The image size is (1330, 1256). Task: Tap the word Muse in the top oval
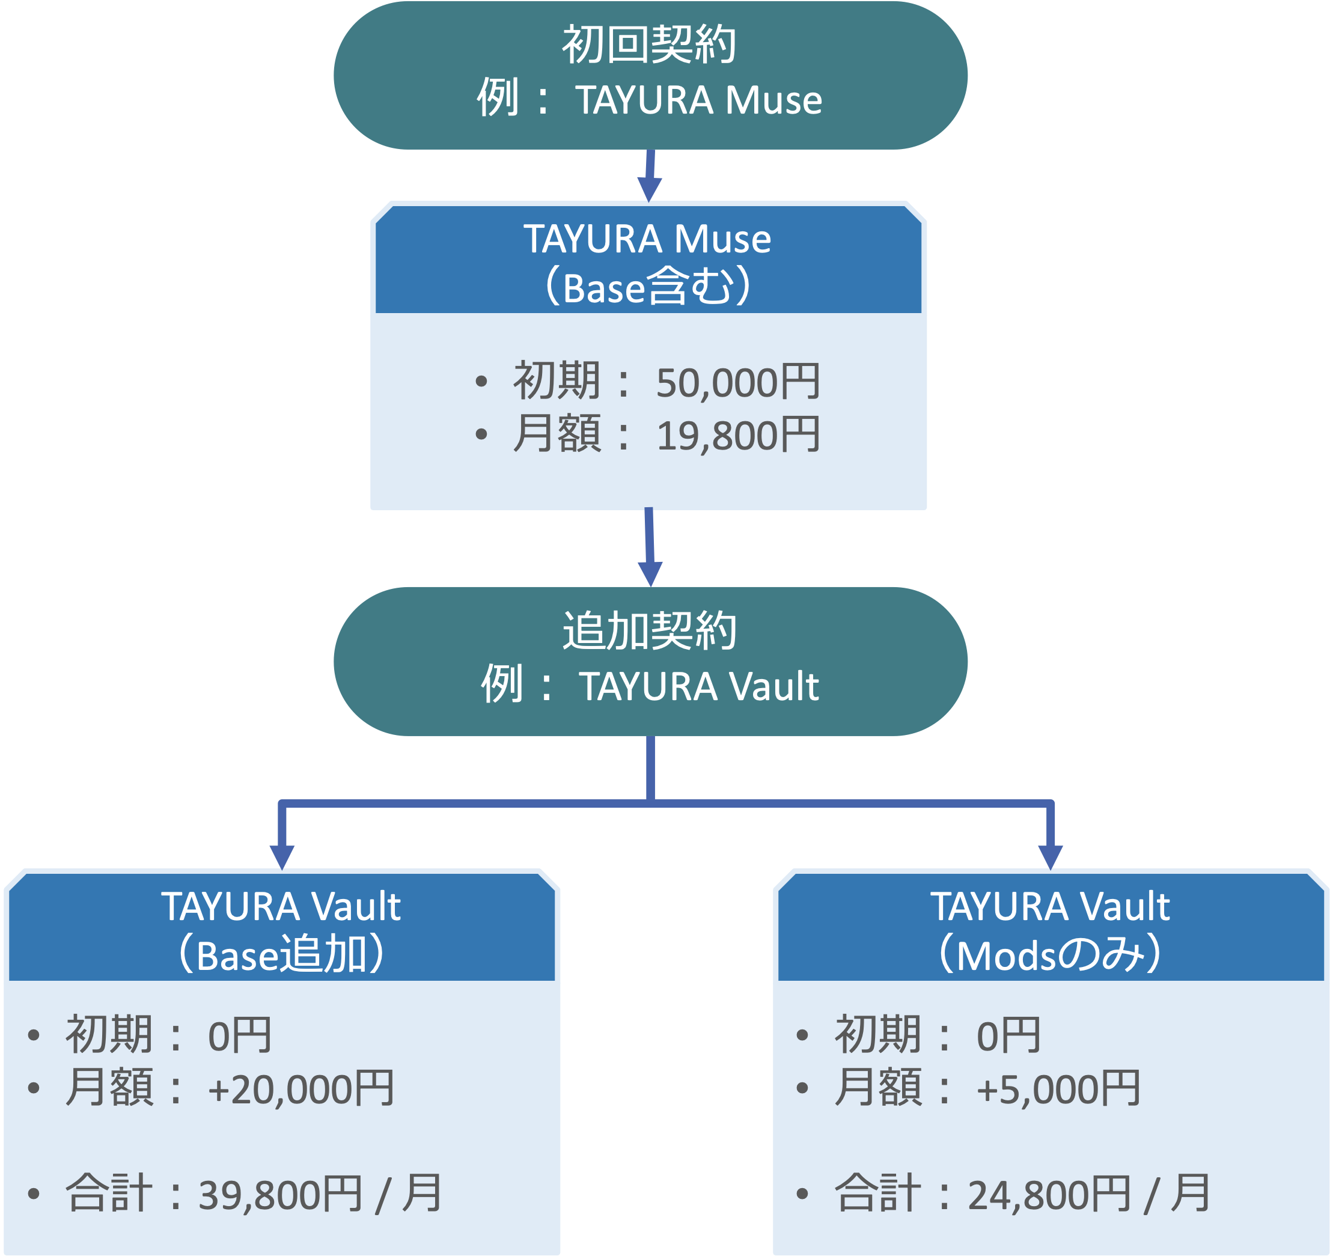tap(773, 100)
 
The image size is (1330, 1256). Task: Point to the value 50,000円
tap(737, 382)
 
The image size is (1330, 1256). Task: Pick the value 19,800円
tap(737, 435)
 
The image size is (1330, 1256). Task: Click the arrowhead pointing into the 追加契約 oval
tap(650, 573)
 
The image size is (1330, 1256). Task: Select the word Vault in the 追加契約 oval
tap(773, 686)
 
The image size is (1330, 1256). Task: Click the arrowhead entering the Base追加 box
tap(282, 856)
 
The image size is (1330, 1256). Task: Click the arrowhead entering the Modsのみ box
tap(1050, 856)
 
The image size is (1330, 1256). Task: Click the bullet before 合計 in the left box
tap(34, 1194)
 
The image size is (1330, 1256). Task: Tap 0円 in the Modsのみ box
tap(1008, 1035)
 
